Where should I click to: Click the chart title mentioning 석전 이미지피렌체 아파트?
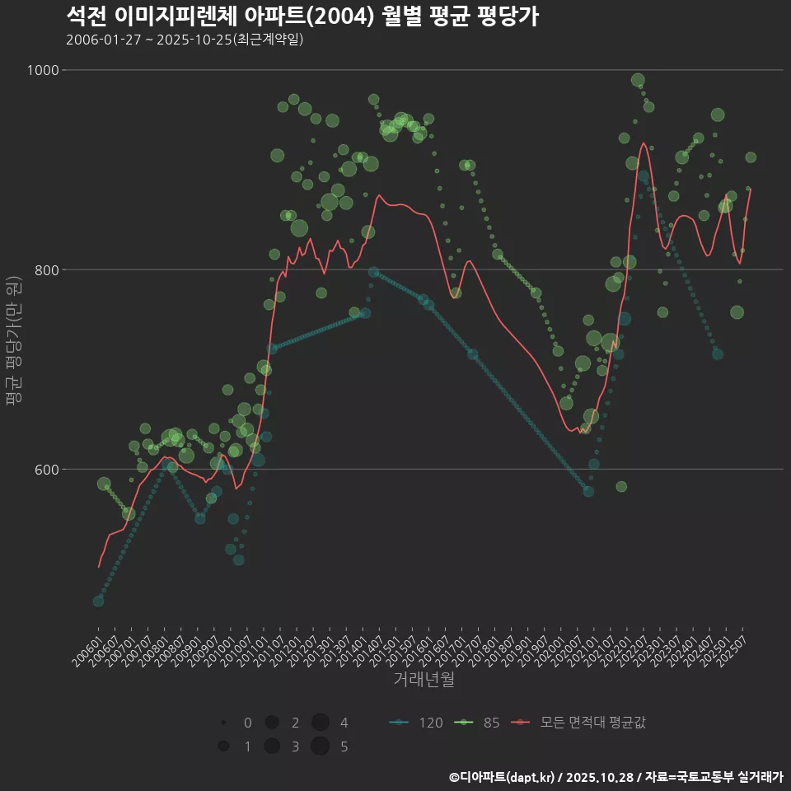302,16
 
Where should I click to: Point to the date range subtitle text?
185,40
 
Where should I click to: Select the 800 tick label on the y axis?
46,269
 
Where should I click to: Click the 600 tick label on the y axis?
46,470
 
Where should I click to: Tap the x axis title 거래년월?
424,679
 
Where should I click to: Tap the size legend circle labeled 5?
321,747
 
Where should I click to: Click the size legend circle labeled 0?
223,723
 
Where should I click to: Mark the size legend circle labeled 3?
271,747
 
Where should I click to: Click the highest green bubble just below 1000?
638,80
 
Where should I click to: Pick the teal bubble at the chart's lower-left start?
98,601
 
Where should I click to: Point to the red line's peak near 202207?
643,143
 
